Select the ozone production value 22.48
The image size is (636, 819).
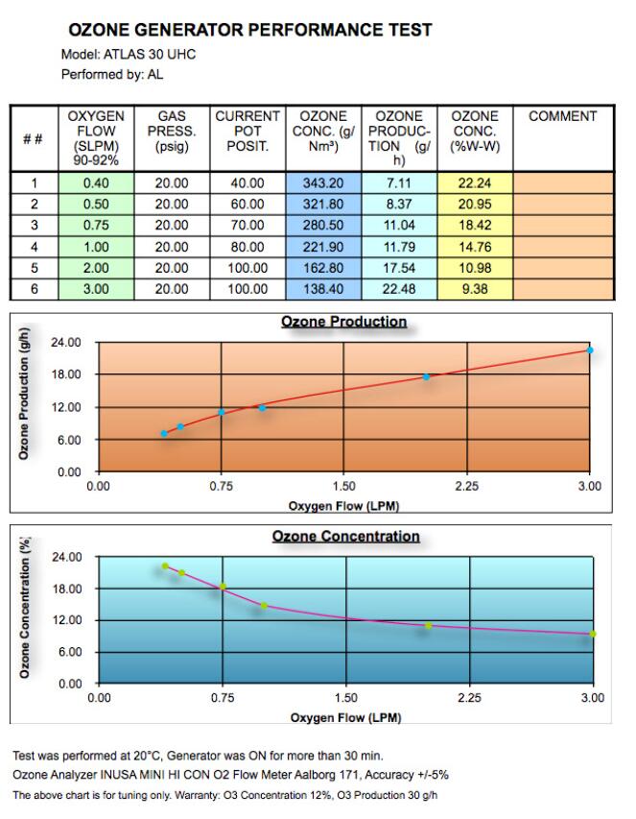pos(399,288)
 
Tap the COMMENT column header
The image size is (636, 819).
pos(562,116)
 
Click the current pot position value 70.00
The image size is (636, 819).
pos(247,226)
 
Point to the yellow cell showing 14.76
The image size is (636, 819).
pos(475,247)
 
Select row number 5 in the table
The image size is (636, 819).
pos(34,267)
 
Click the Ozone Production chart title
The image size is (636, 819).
pos(343,322)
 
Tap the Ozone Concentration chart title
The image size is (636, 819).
pos(345,536)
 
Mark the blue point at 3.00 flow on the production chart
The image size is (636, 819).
pos(590,350)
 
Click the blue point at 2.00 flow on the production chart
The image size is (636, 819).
pos(426,376)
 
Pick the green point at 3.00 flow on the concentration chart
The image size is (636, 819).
pos(593,634)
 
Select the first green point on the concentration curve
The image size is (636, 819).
pos(165,566)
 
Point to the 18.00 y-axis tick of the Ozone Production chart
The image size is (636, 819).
pos(66,374)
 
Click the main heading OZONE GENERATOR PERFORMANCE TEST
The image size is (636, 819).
pos(249,31)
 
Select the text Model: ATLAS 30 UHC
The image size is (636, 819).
pos(129,55)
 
